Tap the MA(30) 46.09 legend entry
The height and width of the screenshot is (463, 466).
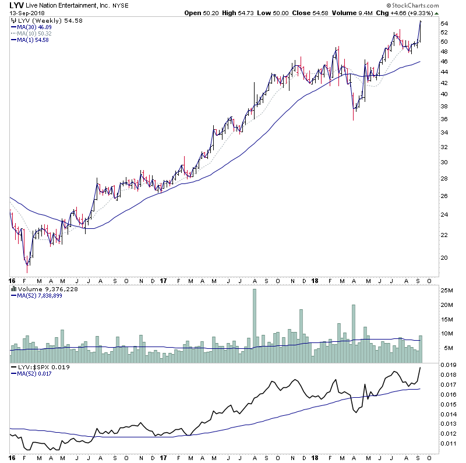(35, 27)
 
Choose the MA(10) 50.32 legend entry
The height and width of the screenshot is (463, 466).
(35, 33)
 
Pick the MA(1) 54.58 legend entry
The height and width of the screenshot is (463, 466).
(34, 40)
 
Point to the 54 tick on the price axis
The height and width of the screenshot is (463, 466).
(444, 23)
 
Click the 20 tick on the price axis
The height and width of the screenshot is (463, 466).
(444, 257)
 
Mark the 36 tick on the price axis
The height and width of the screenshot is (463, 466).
(444, 119)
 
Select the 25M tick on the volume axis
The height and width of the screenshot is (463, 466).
(447, 290)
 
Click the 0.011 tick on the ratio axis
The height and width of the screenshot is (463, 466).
(447, 444)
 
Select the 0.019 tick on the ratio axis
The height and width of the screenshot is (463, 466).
(447, 365)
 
